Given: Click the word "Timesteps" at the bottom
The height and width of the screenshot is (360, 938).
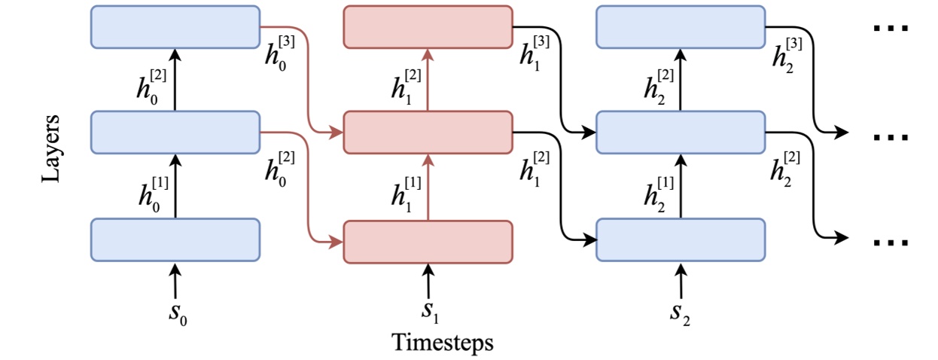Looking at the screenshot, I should [x=443, y=343].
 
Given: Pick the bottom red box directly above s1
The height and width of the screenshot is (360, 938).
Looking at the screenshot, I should [x=428, y=241].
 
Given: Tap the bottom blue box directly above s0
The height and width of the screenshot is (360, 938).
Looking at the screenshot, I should [x=175, y=239].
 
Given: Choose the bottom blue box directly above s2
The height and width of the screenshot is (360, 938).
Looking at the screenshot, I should [x=681, y=239].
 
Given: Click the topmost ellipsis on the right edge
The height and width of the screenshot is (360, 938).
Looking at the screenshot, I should [x=891, y=28].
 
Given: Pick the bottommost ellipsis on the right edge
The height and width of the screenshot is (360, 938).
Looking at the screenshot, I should [x=891, y=243].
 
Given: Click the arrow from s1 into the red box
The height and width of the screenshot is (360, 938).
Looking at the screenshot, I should [x=428, y=279].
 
